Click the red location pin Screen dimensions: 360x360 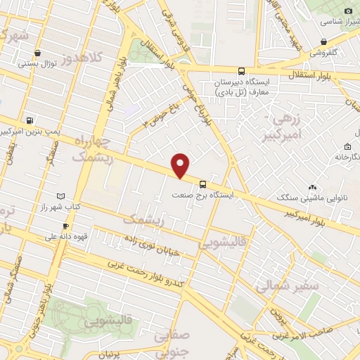181,165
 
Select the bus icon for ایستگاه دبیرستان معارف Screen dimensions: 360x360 241,71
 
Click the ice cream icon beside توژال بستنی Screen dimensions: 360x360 37,53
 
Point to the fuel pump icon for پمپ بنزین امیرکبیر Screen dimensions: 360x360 29,121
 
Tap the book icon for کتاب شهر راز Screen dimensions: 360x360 60,195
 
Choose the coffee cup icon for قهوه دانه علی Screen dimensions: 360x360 65,226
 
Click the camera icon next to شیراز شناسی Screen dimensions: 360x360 347,11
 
